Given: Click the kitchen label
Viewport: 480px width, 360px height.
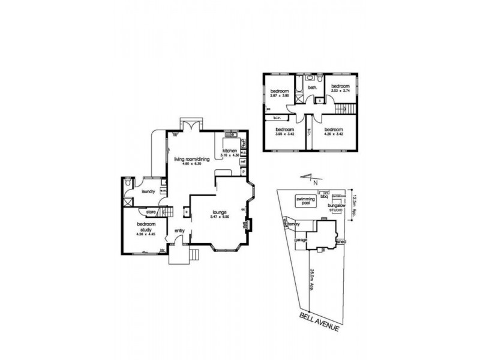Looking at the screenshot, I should point(231,150).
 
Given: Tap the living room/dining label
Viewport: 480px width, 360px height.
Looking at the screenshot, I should point(191,159).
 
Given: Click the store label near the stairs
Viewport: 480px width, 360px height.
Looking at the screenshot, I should point(151,211).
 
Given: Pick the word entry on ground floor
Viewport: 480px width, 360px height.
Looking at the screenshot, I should point(179,230).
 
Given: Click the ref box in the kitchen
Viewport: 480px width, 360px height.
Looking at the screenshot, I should point(244,161).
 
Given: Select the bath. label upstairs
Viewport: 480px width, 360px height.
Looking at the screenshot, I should point(313,88).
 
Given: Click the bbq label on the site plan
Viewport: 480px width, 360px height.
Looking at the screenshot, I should point(324,196).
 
